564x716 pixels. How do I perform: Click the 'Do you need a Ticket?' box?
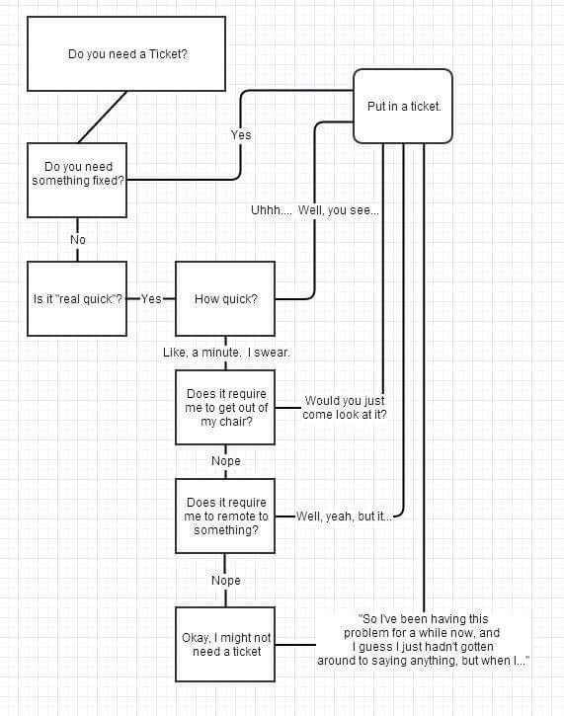[126, 54]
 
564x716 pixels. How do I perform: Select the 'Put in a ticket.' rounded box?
[403, 106]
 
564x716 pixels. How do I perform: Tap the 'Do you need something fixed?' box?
[77, 180]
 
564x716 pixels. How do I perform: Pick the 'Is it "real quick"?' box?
[77, 298]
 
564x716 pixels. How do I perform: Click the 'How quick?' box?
[225, 298]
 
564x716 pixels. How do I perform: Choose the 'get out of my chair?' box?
[225, 407]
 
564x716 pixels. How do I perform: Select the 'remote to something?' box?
[225, 516]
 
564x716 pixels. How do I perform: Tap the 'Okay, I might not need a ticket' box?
[225, 644]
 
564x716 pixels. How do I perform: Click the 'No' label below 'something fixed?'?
[78, 240]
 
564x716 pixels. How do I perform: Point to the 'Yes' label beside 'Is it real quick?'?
[151, 299]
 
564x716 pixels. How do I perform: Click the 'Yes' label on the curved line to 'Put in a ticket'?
[241, 135]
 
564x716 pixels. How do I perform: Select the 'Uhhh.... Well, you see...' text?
[315, 210]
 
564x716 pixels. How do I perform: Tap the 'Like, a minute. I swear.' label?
[226, 353]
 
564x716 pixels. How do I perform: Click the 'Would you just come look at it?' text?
[345, 407]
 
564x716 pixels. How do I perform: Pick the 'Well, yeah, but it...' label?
[344, 517]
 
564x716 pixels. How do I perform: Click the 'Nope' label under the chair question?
[226, 461]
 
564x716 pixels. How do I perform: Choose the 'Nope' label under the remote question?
[226, 581]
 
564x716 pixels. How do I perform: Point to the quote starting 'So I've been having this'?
[423, 640]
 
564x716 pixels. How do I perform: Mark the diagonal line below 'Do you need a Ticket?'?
[103, 117]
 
